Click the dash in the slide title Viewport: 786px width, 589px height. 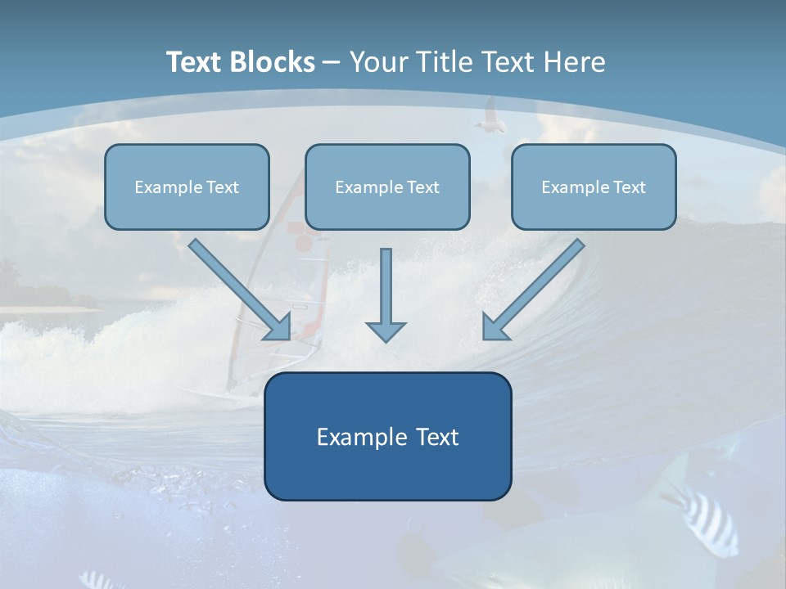332,63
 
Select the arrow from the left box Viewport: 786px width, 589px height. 241,290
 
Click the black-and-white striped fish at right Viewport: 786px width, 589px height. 705,516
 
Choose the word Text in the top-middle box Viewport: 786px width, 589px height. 422,187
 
